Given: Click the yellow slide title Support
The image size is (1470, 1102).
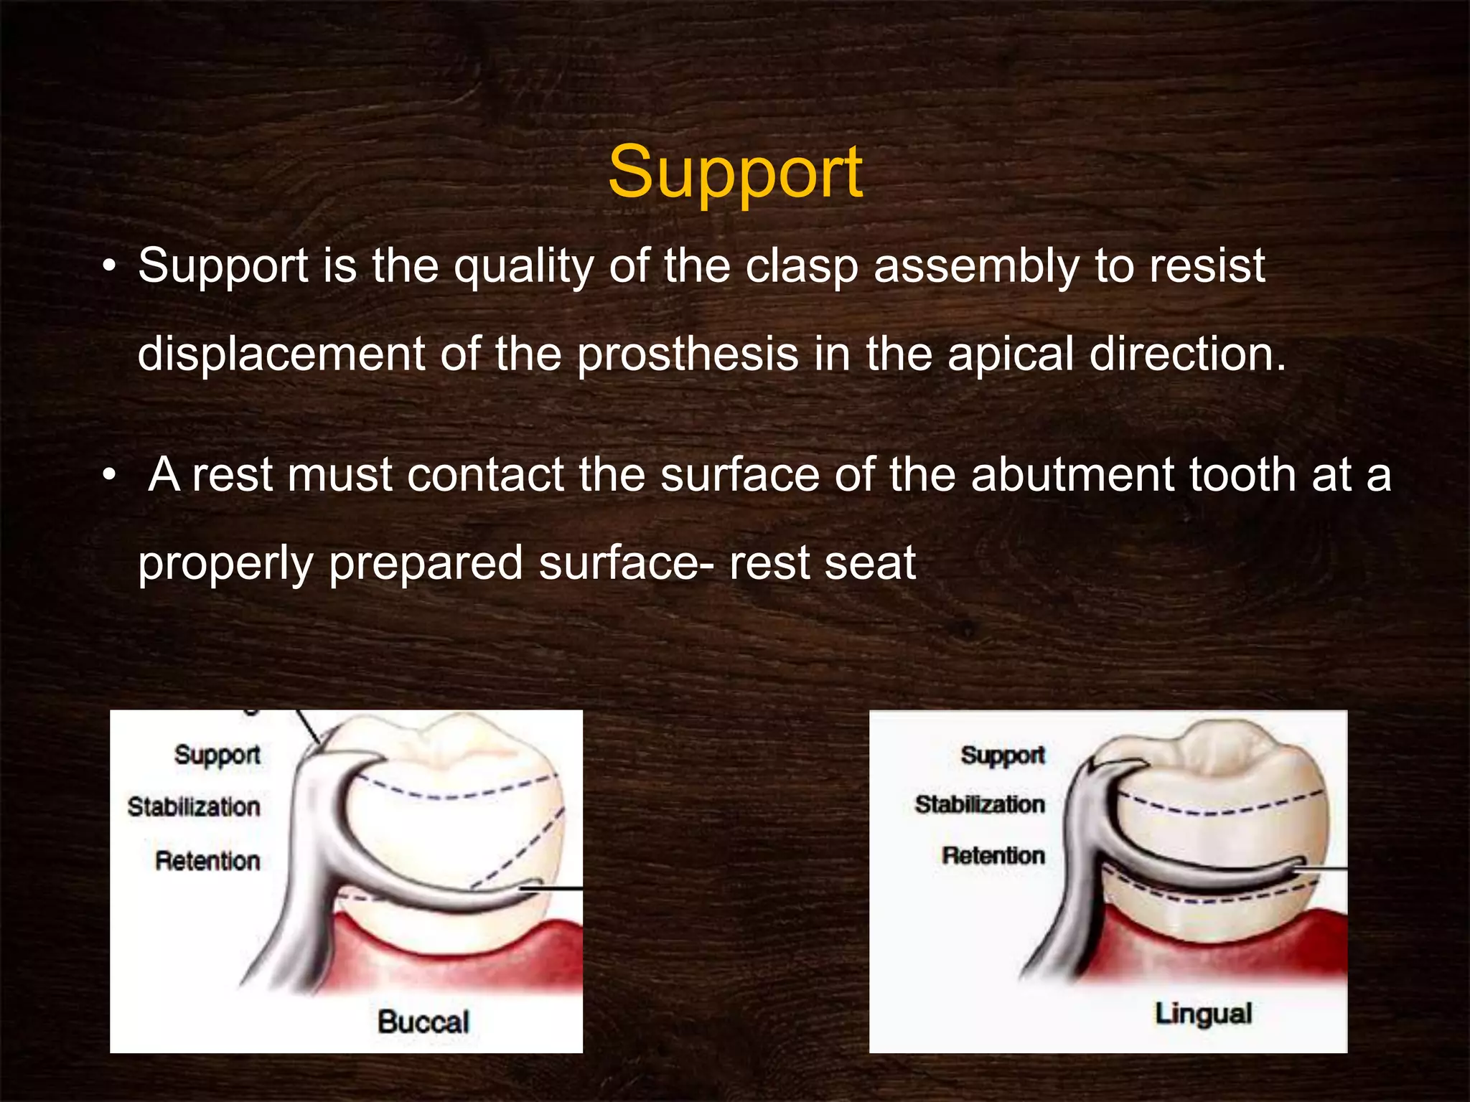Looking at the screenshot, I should (735, 173).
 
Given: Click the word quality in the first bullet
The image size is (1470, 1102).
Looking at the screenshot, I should (523, 267).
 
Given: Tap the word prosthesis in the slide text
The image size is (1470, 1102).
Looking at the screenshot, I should (687, 354).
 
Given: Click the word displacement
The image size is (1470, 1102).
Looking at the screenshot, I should (281, 354).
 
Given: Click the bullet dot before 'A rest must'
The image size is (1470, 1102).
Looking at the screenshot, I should (108, 475).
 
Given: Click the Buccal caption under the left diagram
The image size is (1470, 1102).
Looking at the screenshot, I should (423, 1022).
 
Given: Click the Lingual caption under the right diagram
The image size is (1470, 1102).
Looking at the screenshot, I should (1203, 1014).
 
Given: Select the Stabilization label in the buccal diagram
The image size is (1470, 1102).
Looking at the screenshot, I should (194, 807).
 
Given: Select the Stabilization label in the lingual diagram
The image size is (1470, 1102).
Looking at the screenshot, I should (980, 804).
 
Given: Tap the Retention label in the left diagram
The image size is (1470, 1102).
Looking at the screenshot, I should (207, 860).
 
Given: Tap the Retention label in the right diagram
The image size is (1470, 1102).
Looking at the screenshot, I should (993, 855).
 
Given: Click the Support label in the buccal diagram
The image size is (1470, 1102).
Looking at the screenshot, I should (217, 755).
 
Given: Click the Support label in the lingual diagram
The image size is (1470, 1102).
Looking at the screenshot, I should (1003, 755).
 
